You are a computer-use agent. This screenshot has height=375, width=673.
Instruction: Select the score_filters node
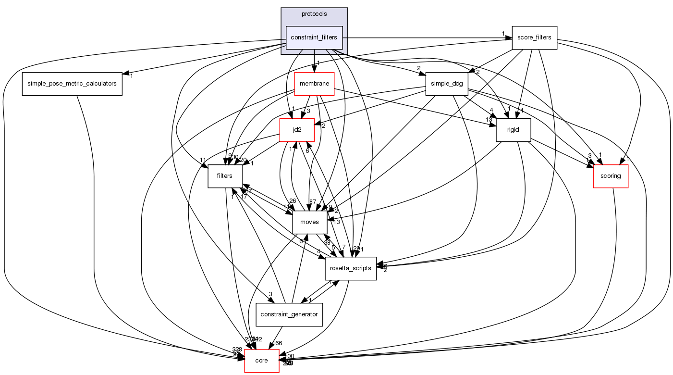tap(534, 37)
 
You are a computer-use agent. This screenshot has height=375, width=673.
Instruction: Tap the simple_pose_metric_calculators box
tap(72, 84)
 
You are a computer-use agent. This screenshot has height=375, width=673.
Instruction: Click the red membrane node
tap(314, 84)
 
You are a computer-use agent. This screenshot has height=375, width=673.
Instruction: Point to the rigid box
tap(513, 129)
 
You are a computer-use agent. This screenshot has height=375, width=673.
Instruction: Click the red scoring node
tap(611, 175)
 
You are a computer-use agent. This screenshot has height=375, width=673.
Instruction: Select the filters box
tap(224, 175)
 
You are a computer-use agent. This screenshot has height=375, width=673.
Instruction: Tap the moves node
tap(309, 222)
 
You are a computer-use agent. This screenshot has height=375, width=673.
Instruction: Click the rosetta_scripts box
tap(350, 268)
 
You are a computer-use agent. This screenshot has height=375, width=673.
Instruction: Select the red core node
tap(262, 360)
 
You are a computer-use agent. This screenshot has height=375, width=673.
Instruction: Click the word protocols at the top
tap(314, 14)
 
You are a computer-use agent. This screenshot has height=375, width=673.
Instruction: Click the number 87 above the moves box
tap(313, 202)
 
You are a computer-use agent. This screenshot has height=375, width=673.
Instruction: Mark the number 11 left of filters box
tap(203, 161)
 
